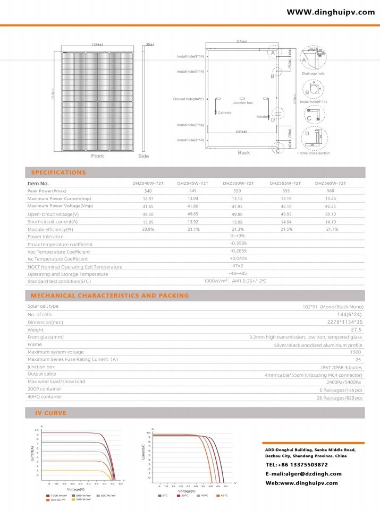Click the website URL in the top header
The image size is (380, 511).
(x=330, y=12)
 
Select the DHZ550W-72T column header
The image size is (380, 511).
(x=238, y=183)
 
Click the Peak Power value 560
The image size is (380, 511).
(x=330, y=190)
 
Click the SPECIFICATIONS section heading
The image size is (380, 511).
(x=58, y=172)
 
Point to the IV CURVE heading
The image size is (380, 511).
(x=51, y=412)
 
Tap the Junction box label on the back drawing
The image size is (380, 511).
(x=242, y=102)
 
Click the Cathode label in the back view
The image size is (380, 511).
(x=224, y=113)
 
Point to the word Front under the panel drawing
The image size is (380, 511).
(x=97, y=156)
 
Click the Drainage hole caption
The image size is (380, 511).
(x=313, y=74)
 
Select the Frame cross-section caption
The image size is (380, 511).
(x=314, y=153)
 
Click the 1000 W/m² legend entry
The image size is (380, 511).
(x=57, y=496)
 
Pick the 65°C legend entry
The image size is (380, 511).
(x=222, y=496)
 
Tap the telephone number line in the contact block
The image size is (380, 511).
(x=300, y=464)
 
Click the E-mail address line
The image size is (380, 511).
(x=303, y=473)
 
